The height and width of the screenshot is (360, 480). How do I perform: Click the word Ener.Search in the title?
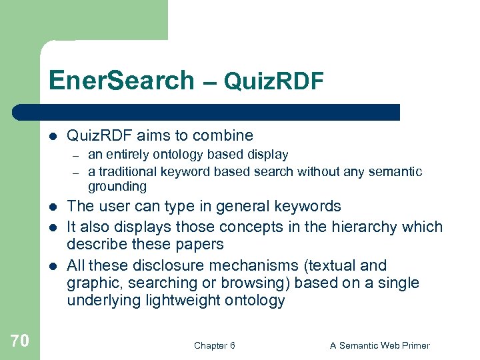point(121,81)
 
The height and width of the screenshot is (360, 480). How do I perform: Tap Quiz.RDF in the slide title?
point(273,81)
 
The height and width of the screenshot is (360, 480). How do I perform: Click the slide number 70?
point(20,341)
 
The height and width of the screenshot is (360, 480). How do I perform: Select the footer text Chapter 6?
point(214,345)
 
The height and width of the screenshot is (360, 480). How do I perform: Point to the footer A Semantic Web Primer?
point(380,345)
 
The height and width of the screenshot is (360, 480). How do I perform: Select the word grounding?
point(117,187)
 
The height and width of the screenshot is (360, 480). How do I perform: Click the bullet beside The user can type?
point(52,207)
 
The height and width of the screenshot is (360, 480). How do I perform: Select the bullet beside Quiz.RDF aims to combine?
point(52,136)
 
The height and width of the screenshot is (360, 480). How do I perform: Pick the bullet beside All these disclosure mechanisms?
point(52,266)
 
